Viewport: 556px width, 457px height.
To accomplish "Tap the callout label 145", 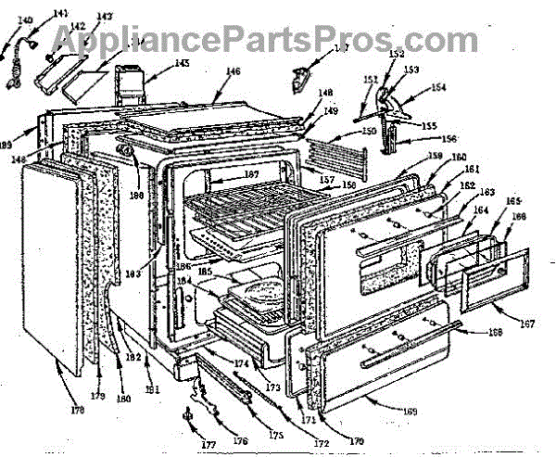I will tap(181, 64).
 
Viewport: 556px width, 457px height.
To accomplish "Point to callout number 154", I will tap(436, 86).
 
